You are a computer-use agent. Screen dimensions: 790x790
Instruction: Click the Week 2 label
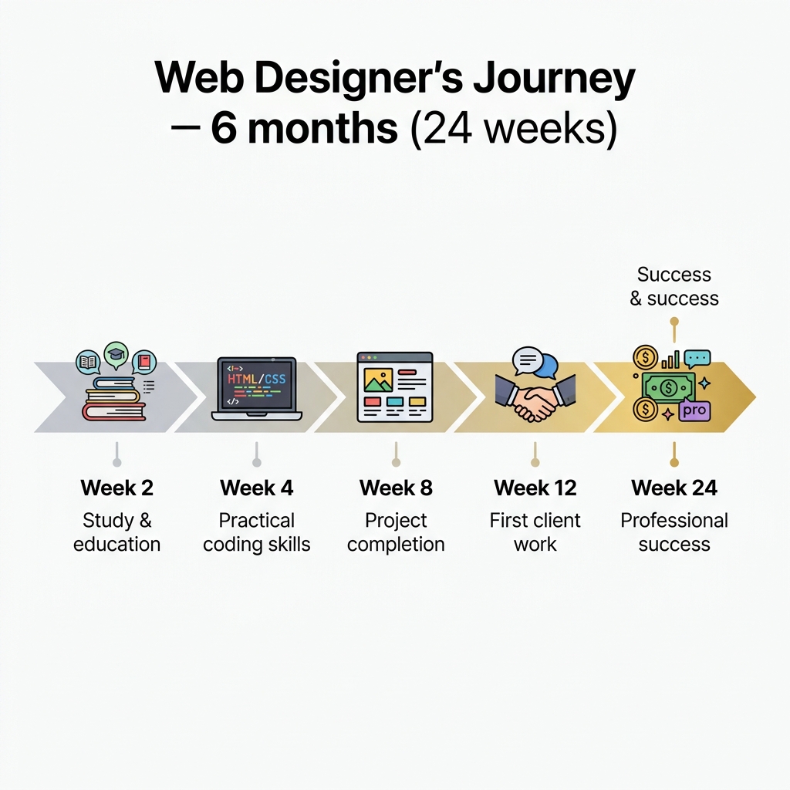point(117,488)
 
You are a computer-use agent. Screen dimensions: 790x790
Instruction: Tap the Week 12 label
point(535,488)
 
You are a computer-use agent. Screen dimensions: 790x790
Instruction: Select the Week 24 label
point(674,488)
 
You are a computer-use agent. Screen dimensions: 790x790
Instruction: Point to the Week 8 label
point(396,488)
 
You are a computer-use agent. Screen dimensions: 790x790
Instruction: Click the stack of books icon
point(114,398)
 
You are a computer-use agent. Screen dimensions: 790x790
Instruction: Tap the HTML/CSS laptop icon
point(256,389)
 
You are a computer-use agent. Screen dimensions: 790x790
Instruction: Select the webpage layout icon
point(395,387)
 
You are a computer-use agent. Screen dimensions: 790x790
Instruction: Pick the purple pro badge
point(694,410)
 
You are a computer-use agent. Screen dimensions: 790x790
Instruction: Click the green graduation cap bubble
point(116,354)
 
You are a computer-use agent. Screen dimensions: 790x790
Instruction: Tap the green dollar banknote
point(669,387)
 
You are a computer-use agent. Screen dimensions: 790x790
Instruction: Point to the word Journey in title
point(554,79)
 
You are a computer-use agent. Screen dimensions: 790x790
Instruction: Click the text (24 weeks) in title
point(514,129)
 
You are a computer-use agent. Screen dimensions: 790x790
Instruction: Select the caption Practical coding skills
point(256,532)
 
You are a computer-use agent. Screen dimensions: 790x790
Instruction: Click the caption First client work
point(535,532)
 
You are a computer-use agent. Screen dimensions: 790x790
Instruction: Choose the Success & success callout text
point(674,286)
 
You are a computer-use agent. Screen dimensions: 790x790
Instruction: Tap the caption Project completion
point(396,532)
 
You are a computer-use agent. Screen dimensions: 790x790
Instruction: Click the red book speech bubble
point(144,362)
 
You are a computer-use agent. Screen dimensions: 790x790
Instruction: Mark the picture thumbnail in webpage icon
point(378,380)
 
